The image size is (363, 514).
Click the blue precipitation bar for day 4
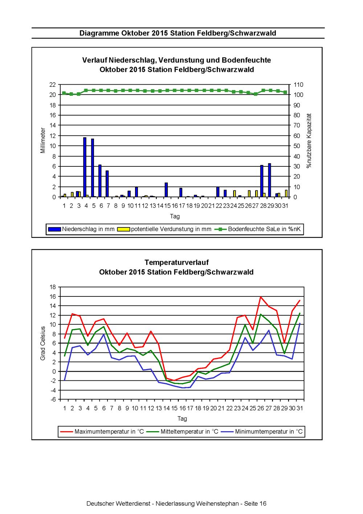point(85,167)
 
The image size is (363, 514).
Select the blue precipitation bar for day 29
point(269,180)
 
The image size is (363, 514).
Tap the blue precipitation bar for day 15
point(166,190)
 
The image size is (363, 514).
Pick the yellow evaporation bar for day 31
point(286,194)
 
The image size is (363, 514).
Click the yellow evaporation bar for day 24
point(234,194)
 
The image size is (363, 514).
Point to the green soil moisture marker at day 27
point(256,94)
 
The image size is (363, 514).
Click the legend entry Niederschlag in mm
point(81,229)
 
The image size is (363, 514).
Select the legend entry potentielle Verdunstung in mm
point(164,229)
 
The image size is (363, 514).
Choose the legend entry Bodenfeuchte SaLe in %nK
point(257,229)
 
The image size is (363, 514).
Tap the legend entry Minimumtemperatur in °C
point(262,432)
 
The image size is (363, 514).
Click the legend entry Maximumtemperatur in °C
point(102,432)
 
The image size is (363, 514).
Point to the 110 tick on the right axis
point(298,85)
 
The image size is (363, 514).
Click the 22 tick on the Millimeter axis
point(53,85)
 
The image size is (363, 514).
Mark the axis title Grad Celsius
point(42,343)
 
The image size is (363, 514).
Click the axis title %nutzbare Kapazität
point(309,141)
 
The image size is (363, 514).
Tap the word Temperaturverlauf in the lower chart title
point(176,262)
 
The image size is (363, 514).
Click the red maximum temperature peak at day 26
point(261,297)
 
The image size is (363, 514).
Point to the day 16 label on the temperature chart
point(182,408)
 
